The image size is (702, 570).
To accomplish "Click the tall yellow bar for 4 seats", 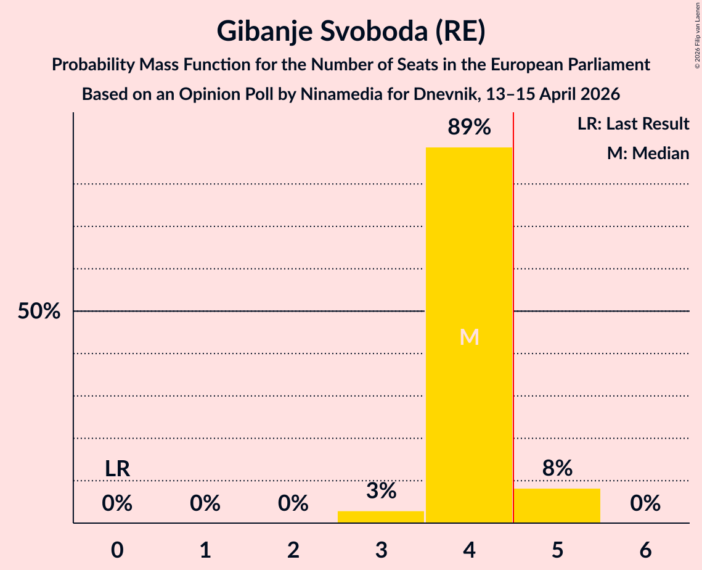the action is click(469, 335).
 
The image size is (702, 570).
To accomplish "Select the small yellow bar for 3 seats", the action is click(380, 517).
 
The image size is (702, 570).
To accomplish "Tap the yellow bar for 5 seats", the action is click(557, 505).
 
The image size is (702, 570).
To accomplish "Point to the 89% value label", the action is click(469, 127).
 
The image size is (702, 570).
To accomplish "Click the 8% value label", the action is click(557, 468).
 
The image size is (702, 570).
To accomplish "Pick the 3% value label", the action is click(381, 490).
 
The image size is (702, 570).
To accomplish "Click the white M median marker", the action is click(469, 337).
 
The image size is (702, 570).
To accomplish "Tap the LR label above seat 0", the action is click(117, 469).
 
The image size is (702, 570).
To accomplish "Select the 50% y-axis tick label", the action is click(39, 311).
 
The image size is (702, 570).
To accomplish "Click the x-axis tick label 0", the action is click(117, 550).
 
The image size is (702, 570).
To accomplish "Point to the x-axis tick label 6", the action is click(645, 550).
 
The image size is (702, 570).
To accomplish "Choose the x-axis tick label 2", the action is click(293, 550).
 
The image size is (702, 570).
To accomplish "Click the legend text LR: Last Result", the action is click(633, 123).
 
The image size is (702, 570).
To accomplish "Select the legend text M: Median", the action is click(648, 153).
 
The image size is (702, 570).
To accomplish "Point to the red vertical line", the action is click(513, 318).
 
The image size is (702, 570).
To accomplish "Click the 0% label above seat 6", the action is click(645, 503).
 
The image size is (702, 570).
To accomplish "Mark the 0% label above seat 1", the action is click(205, 503).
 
